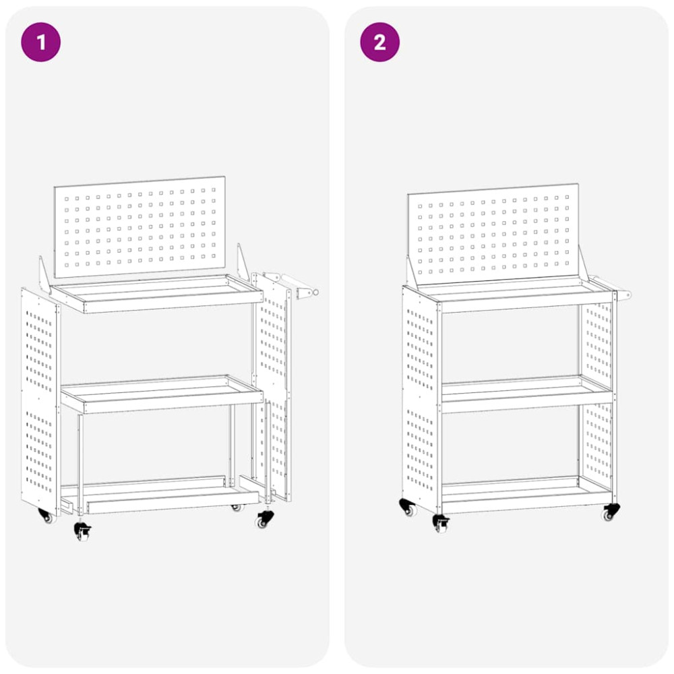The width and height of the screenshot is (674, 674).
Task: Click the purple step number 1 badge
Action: pyautogui.click(x=41, y=42)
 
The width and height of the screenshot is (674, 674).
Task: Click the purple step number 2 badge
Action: pyautogui.click(x=379, y=42)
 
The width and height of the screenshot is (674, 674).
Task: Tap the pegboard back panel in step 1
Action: pyautogui.click(x=140, y=227)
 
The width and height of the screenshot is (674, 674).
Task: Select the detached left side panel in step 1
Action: pyautogui.click(x=40, y=402)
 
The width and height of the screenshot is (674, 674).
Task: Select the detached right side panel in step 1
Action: pyautogui.click(x=272, y=387)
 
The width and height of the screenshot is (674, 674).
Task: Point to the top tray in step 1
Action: pyautogui.click(x=156, y=294)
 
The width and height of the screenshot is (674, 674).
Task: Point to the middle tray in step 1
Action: pyautogui.click(x=162, y=394)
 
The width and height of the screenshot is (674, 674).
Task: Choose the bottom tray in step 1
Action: pyautogui.click(x=160, y=494)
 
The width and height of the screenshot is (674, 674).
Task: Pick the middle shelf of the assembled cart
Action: pyautogui.click(x=527, y=394)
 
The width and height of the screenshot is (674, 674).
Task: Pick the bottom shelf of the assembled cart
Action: pyautogui.click(x=527, y=494)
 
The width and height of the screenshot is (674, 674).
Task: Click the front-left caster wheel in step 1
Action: pyautogui.click(x=82, y=531)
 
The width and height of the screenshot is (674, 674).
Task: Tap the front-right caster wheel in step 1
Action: pyautogui.click(x=264, y=519)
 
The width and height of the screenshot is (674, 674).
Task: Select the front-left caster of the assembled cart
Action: pyautogui.click(x=441, y=524)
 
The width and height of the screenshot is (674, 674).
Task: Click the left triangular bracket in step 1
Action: pyautogui.click(x=44, y=275)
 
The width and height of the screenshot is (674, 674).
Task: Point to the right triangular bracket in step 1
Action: pyautogui.click(x=243, y=262)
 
